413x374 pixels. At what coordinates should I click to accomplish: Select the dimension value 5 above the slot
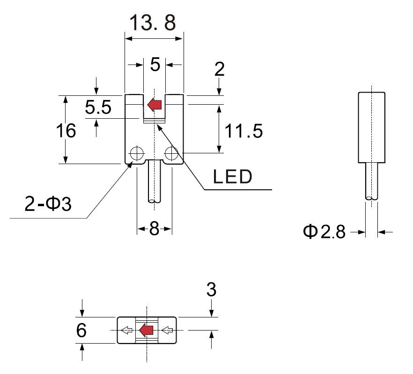click(155, 65)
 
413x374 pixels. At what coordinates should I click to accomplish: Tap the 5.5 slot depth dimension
click(98, 108)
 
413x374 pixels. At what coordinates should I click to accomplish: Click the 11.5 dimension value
click(243, 131)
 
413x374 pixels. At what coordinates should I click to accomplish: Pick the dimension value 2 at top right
click(219, 69)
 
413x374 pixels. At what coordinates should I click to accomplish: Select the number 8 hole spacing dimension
click(155, 229)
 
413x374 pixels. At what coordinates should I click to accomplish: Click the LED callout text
click(233, 177)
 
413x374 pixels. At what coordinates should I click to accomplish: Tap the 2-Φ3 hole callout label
click(48, 204)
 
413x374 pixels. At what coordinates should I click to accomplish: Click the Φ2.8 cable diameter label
click(324, 231)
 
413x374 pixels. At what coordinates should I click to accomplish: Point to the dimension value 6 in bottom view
click(81, 331)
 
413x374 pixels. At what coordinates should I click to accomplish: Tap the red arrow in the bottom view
click(147, 330)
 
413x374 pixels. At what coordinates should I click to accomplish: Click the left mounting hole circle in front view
click(137, 152)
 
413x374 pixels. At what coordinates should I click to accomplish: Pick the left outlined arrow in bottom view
click(126, 331)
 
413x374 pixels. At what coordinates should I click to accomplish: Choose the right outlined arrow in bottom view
click(167, 331)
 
